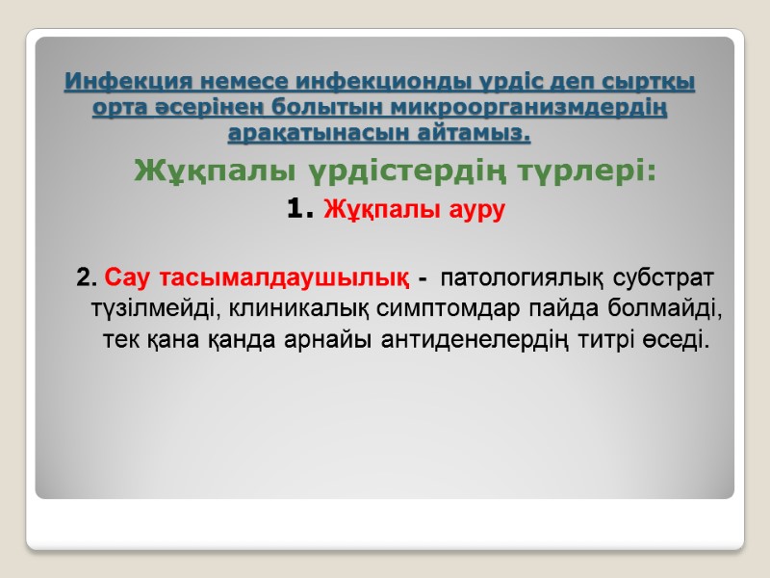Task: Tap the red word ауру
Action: [x=473, y=208]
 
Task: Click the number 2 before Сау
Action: [x=85, y=279]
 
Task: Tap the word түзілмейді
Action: [x=151, y=310]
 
